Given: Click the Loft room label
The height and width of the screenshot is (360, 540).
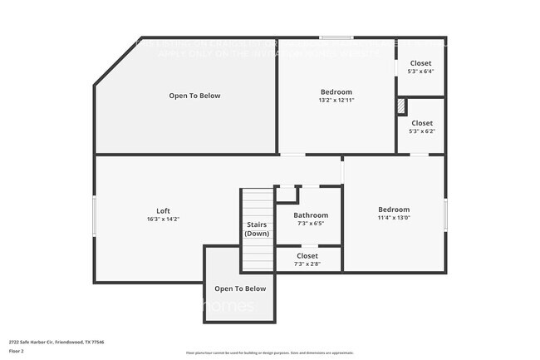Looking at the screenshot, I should click(163, 210).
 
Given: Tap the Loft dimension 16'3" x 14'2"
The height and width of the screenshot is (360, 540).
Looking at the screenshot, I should click(163, 219).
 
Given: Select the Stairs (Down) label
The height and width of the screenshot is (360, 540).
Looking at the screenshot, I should click(256, 229).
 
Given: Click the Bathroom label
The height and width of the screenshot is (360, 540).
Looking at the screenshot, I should click(311, 215).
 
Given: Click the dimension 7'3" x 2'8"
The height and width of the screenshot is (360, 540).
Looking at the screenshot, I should click(307, 264).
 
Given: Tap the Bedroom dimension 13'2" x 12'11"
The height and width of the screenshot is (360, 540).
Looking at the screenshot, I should click(336, 100).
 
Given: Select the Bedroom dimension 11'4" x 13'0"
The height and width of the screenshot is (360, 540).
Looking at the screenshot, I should click(394, 218).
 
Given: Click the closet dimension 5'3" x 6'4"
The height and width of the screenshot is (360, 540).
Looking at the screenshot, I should click(421, 72).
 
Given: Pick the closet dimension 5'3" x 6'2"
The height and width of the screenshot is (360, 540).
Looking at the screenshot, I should click(421, 131).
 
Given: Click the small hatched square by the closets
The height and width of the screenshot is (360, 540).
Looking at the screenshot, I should click(401, 106).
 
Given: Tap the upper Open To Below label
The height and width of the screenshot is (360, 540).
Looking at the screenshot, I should click(194, 96).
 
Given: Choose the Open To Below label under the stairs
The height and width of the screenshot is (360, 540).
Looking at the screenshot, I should click(240, 288).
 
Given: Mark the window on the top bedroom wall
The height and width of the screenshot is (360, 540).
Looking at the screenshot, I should click(334, 37).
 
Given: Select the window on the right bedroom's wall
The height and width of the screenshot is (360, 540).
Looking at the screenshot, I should click(445, 215).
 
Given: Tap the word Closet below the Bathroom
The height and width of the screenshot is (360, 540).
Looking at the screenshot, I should click(307, 256).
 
